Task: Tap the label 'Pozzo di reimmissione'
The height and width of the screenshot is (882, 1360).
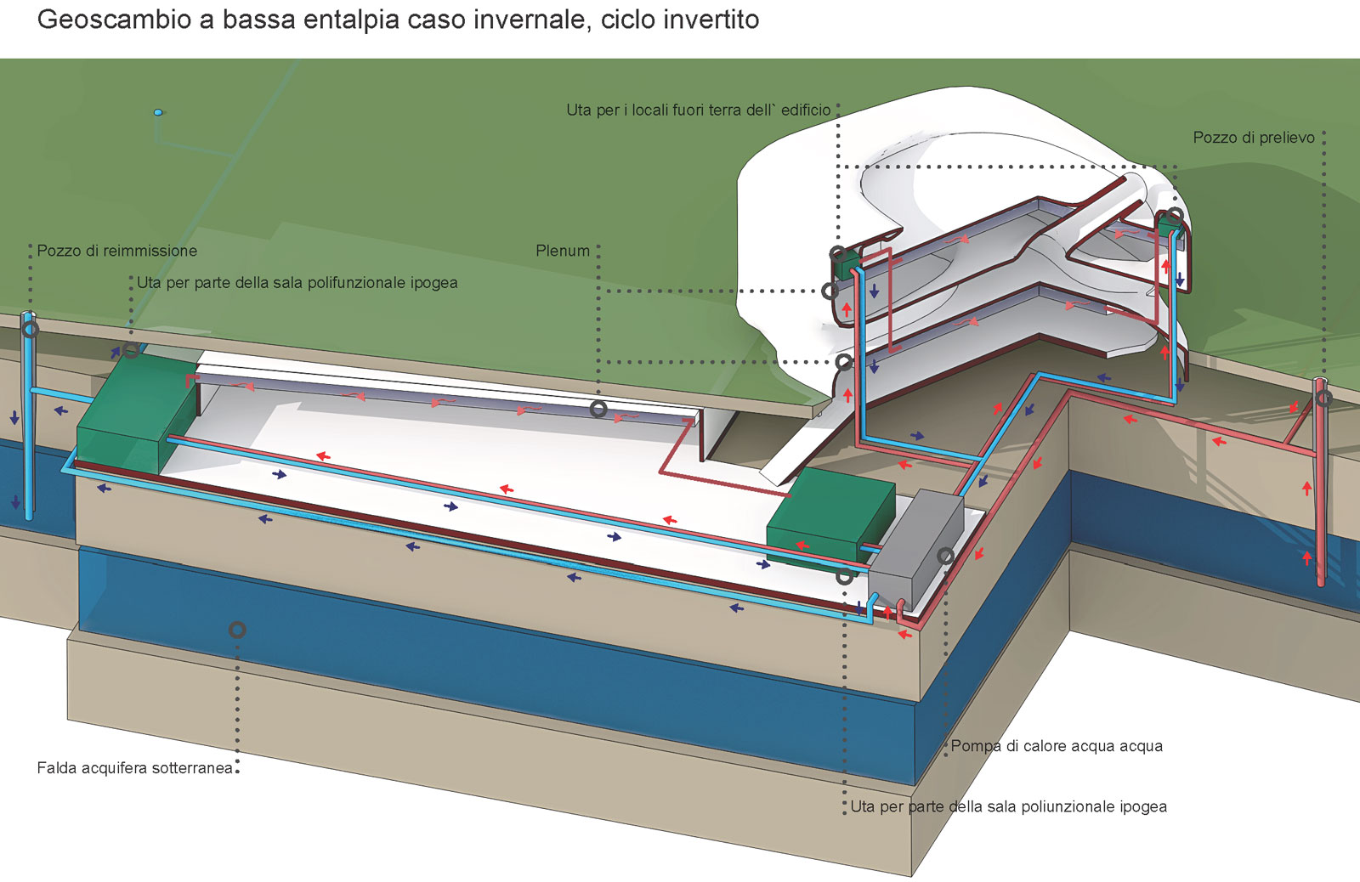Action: click(117, 251)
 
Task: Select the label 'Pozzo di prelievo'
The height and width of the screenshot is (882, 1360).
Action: click(1254, 138)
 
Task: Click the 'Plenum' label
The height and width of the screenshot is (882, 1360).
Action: click(563, 251)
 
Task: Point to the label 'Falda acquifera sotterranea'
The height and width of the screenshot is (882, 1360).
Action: click(135, 768)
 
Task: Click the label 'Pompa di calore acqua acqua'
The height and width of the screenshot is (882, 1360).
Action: click(1057, 746)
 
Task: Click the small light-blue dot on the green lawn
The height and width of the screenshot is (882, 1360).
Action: click(158, 112)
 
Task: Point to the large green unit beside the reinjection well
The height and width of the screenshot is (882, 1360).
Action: click(137, 416)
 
